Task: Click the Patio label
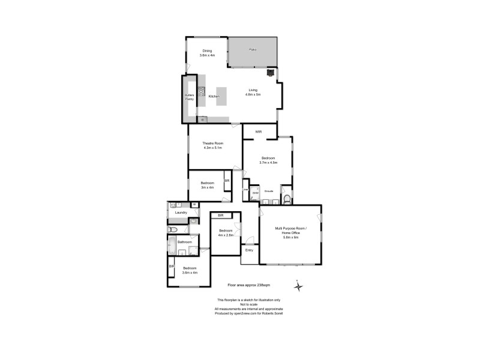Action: tap(253, 49)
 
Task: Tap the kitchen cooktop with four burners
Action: tap(202, 92)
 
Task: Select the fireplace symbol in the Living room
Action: tap(271, 73)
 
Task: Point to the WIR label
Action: tap(259, 131)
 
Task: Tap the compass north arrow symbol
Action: tap(299, 286)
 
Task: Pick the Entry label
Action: tap(249, 250)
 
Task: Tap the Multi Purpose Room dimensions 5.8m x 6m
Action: tap(291, 237)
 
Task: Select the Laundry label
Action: tap(181, 212)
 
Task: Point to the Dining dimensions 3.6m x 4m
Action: tap(207, 55)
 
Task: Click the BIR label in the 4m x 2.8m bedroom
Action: tap(220, 215)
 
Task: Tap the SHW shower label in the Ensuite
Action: tap(254, 193)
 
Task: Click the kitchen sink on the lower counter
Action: tap(202, 119)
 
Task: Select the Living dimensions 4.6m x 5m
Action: tap(253, 95)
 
